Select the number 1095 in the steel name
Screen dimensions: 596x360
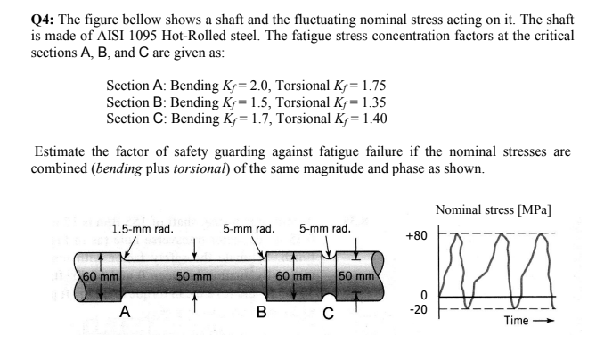click(x=143, y=36)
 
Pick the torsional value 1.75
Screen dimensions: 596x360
click(x=373, y=86)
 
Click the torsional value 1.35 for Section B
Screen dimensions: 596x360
click(x=373, y=102)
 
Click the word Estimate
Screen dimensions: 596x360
click(x=60, y=151)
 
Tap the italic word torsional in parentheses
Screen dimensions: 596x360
click(x=200, y=168)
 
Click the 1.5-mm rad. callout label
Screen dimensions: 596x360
click(x=143, y=229)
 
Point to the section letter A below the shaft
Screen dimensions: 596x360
click(x=125, y=312)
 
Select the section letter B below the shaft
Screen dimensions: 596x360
click(x=262, y=312)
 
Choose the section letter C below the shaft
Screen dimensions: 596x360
click(x=329, y=314)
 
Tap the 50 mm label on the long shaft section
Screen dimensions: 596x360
click(x=194, y=276)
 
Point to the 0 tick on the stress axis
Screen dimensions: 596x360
click(x=424, y=295)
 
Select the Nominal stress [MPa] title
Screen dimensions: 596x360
click(x=493, y=209)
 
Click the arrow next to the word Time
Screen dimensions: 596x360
click(x=543, y=321)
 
